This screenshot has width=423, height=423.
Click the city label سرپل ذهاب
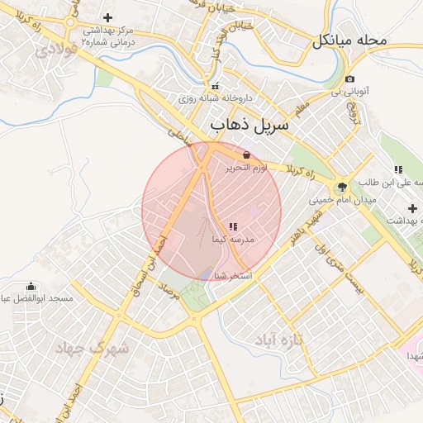(250, 126)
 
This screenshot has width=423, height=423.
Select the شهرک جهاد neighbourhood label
(92, 349)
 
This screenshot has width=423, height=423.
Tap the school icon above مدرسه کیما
(232, 226)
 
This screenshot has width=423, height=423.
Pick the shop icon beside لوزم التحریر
(247, 154)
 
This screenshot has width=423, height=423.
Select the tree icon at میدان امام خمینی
(342, 185)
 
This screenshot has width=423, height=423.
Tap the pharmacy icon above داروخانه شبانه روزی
(216, 86)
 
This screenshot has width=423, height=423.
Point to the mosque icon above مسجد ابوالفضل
(31, 286)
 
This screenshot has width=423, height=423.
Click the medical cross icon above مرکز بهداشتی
(107, 18)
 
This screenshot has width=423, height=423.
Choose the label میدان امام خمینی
(342, 199)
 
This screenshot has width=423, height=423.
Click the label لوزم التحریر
(247, 168)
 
